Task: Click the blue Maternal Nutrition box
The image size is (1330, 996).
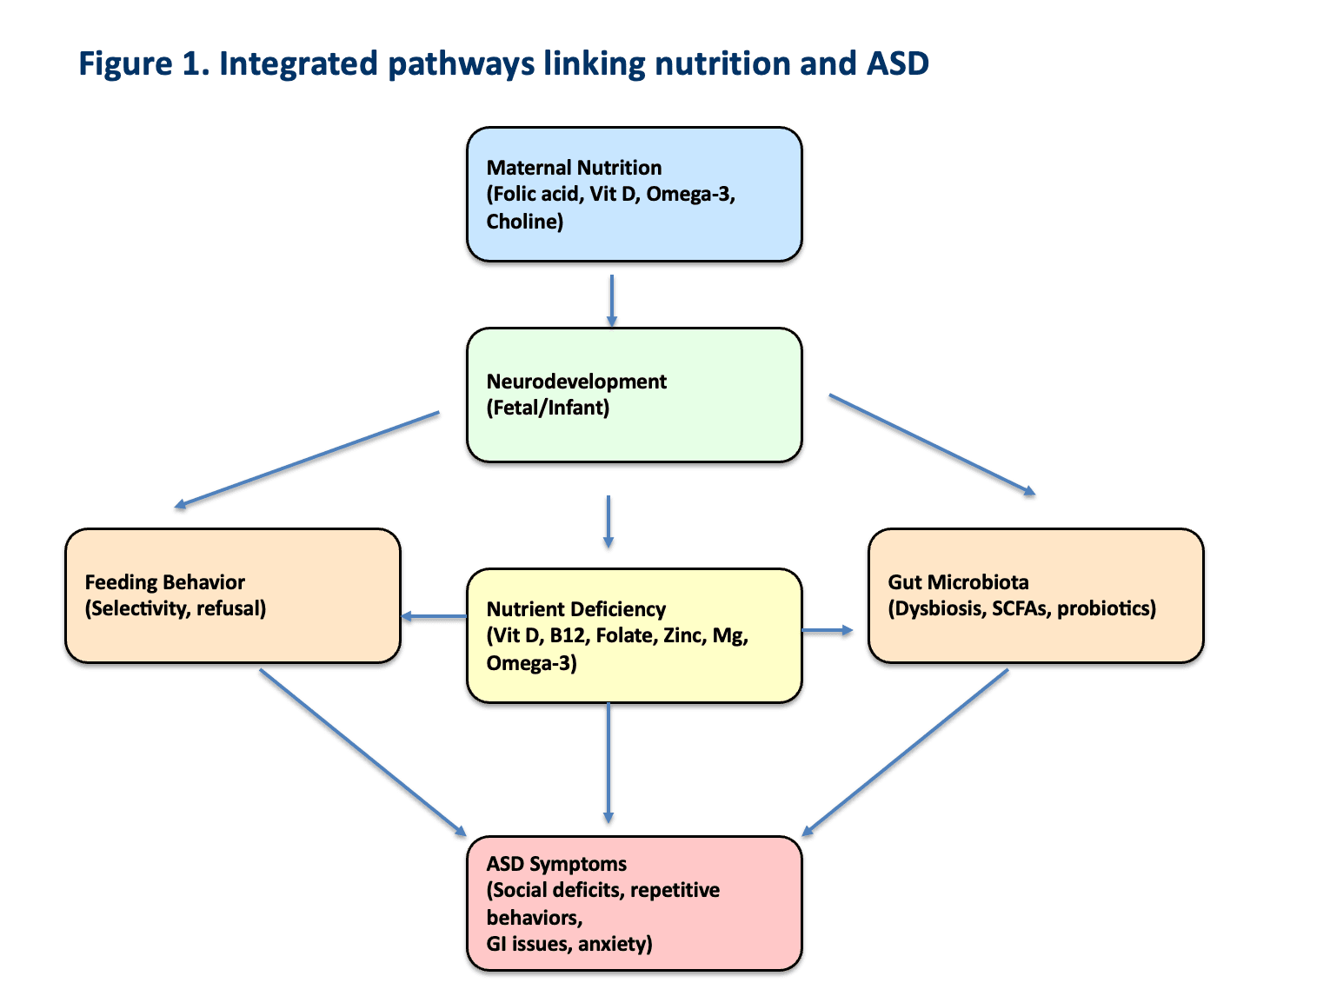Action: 634,194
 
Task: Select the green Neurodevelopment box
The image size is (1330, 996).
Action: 634,395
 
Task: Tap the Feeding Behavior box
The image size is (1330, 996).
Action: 233,595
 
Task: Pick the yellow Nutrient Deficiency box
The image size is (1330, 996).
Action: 634,635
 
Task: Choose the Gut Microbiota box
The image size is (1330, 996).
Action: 1035,595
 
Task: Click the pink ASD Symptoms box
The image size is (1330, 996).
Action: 634,903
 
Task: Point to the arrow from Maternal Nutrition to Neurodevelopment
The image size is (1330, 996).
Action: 612,301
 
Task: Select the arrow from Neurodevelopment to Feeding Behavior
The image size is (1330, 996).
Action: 307,459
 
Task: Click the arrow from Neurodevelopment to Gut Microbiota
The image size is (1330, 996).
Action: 932,444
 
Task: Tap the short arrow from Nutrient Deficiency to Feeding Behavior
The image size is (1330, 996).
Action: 434,617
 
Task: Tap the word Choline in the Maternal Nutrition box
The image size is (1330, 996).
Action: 522,222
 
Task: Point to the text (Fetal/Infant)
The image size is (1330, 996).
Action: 548,408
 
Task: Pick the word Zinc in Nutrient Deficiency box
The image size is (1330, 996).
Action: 683,635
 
